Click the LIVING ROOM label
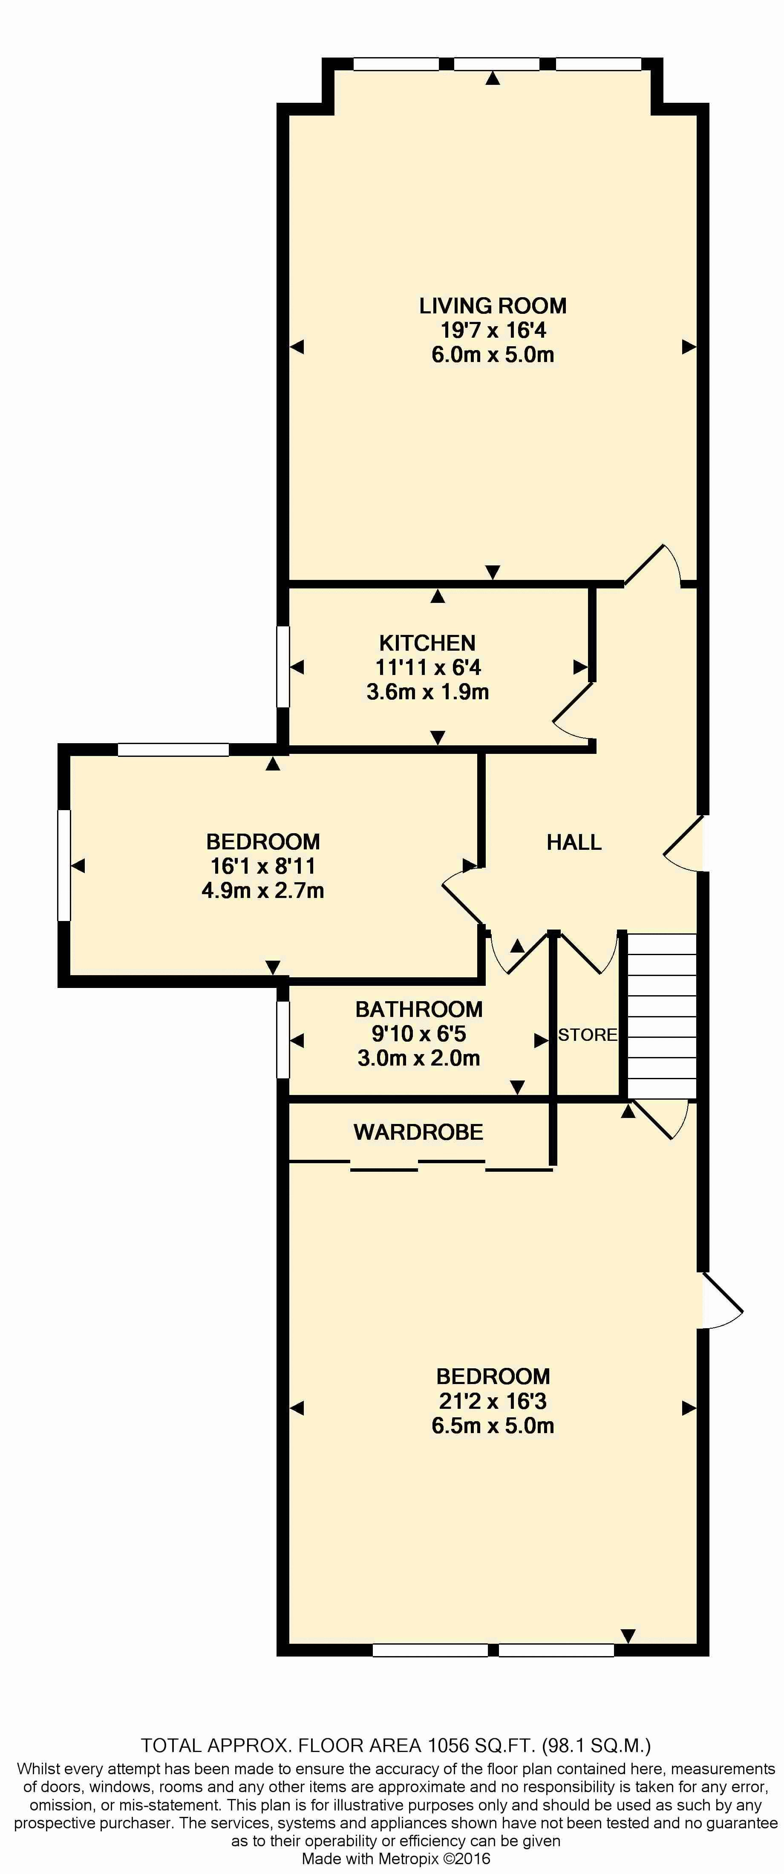[493, 306]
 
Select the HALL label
[574, 843]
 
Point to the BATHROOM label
[419, 1009]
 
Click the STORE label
[588, 1034]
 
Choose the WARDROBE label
[418, 1132]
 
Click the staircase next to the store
[662, 1016]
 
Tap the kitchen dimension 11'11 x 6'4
[428, 667]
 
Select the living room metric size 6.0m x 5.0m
[493, 355]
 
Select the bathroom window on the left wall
[283, 1040]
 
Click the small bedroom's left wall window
[64, 865]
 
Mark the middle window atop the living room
[497, 64]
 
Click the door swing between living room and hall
[652, 565]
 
